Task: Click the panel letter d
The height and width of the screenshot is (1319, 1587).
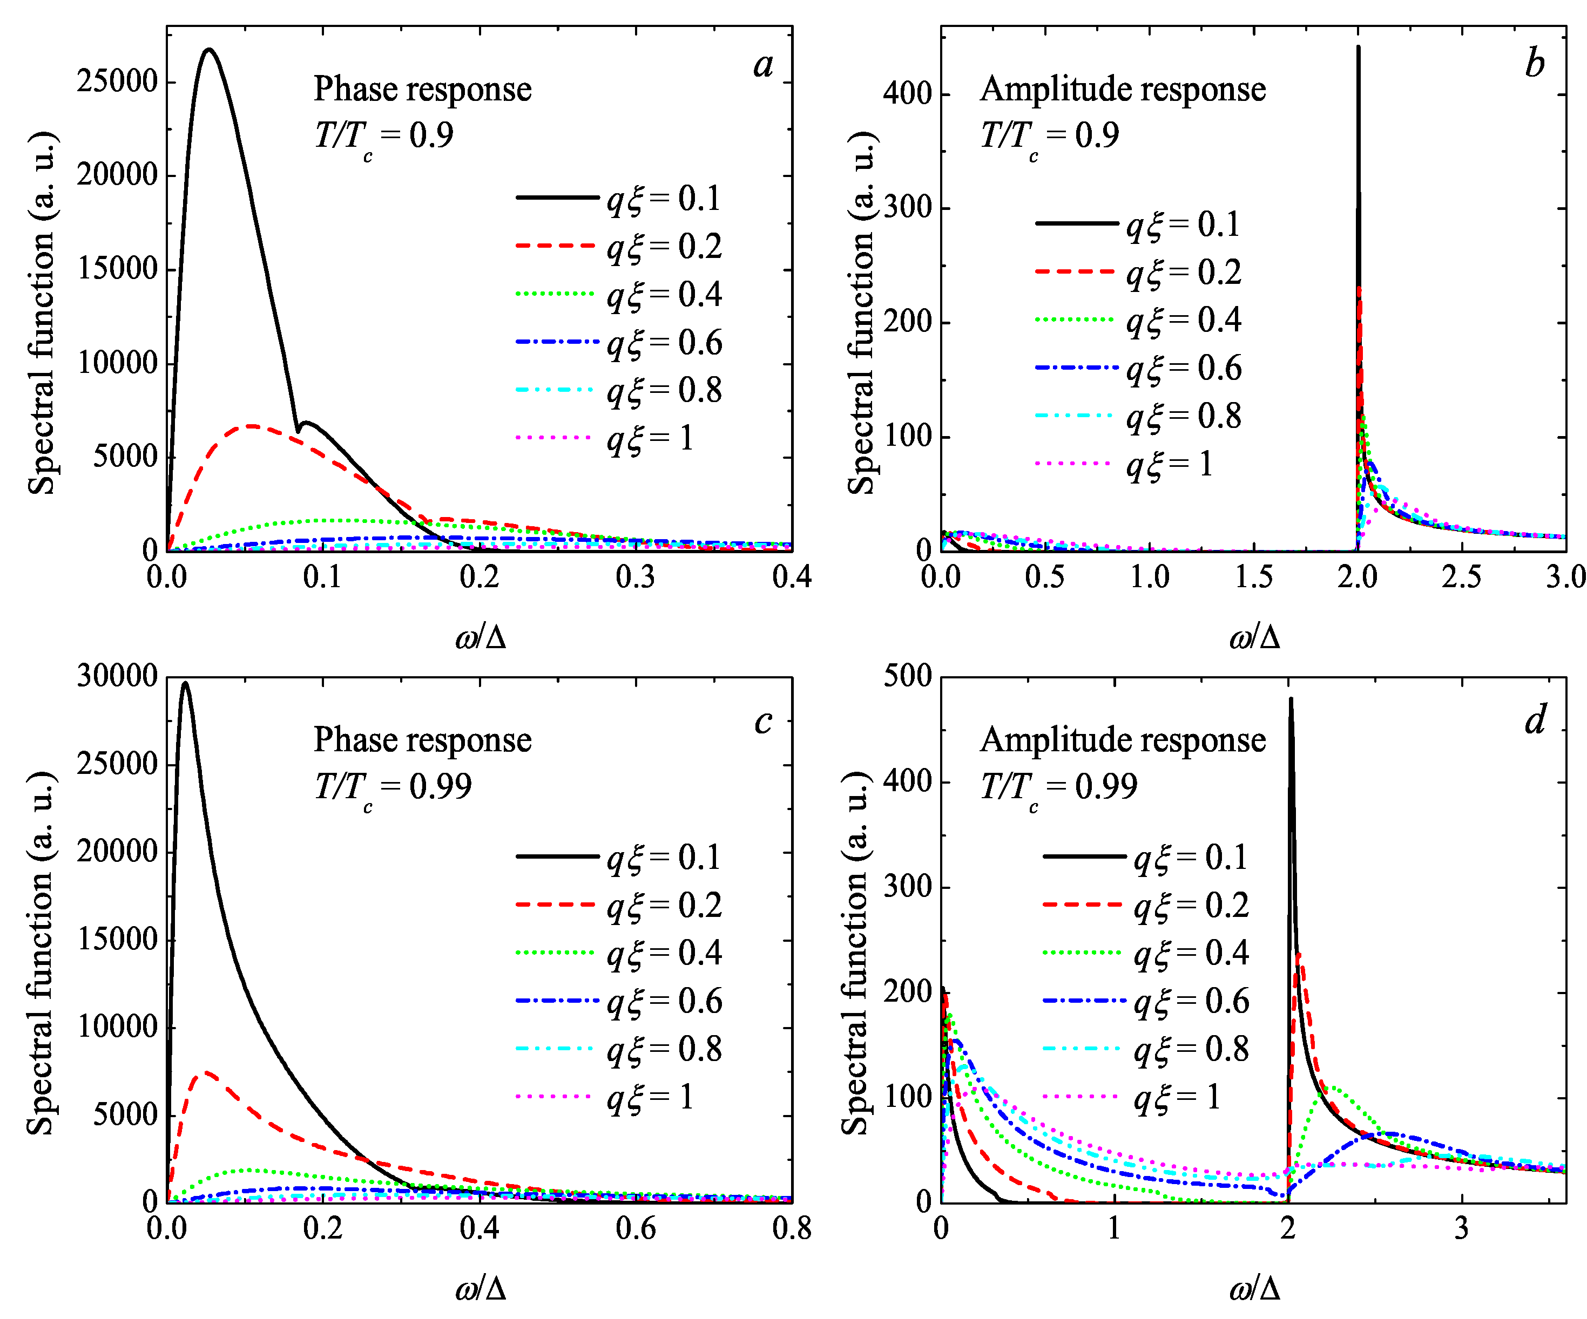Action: [1535, 719]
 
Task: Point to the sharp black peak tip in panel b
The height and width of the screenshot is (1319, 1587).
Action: [1358, 47]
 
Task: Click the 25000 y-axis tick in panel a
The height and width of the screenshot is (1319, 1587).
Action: [117, 81]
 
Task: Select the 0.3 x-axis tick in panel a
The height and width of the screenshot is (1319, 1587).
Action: [636, 577]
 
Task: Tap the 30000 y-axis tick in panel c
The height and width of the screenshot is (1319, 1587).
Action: [117, 676]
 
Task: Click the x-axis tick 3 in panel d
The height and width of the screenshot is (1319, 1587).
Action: [1462, 1228]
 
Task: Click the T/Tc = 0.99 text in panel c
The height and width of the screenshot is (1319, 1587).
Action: [393, 787]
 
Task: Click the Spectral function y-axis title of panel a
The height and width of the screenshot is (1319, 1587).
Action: [42, 314]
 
